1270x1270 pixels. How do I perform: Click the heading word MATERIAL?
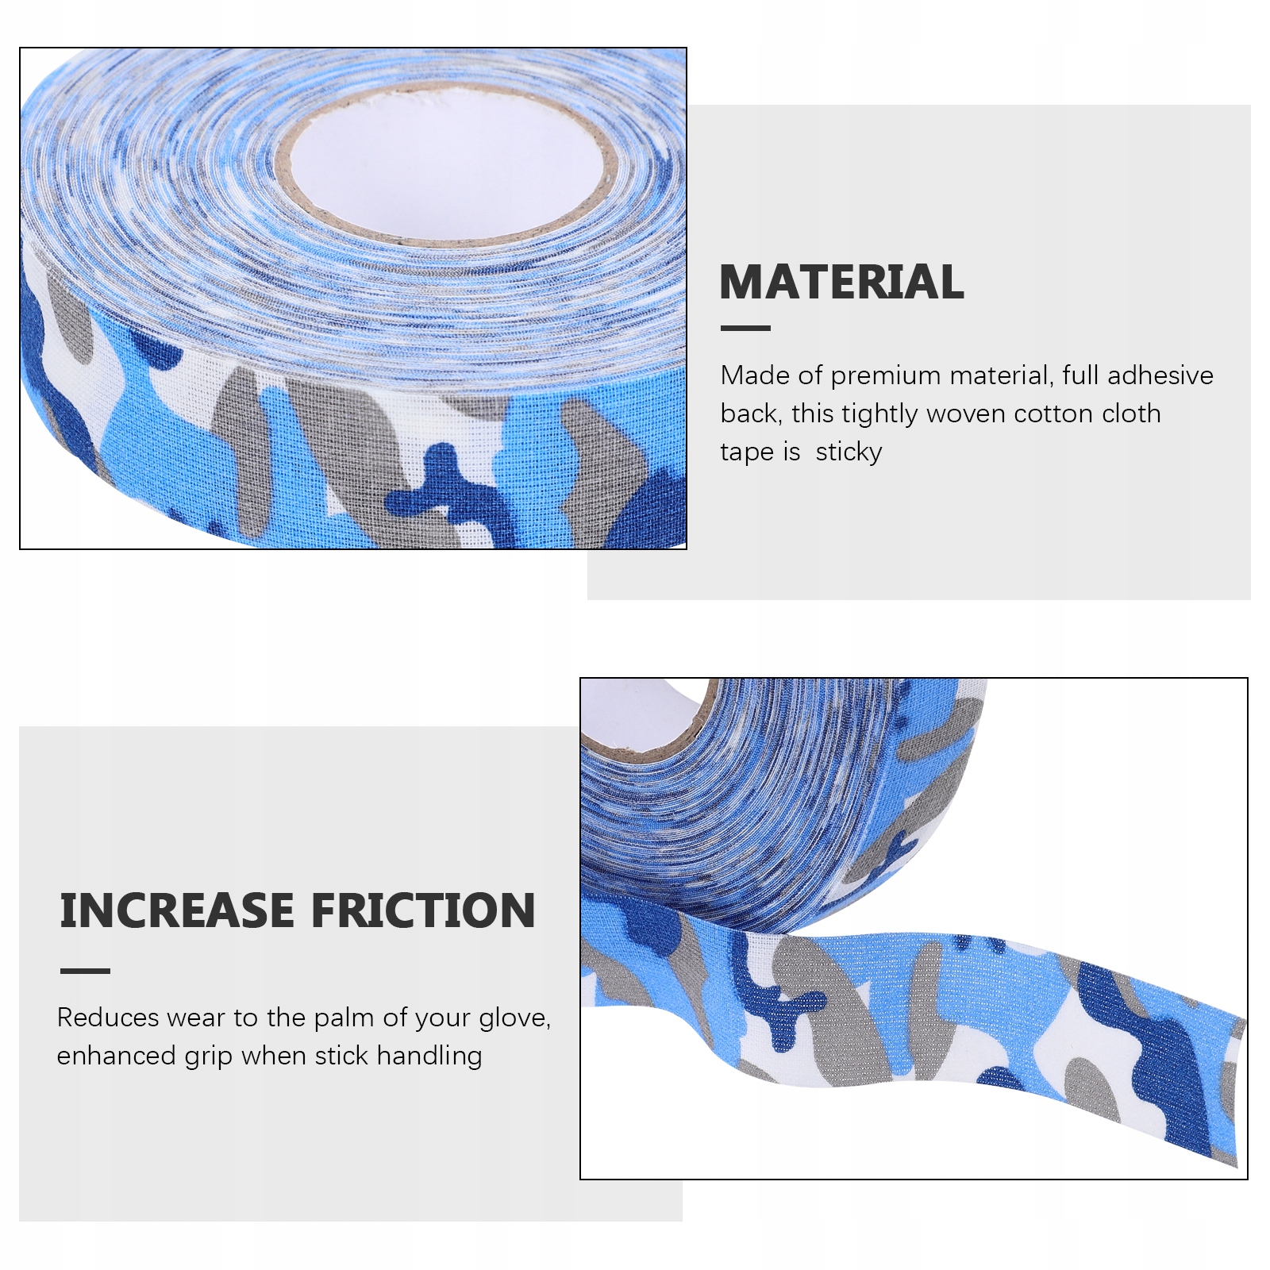coord(841,282)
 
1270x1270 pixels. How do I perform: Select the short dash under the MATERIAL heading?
coord(745,328)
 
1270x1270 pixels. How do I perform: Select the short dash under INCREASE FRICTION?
coord(85,971)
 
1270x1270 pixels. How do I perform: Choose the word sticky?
coord(849,452)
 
